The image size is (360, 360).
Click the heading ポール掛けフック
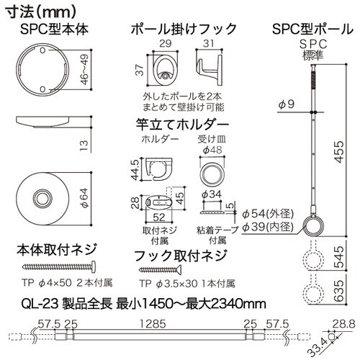pyautogui.click(x=184, y=29)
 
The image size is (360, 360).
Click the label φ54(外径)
pyautogui.click(x=269, y=214)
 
